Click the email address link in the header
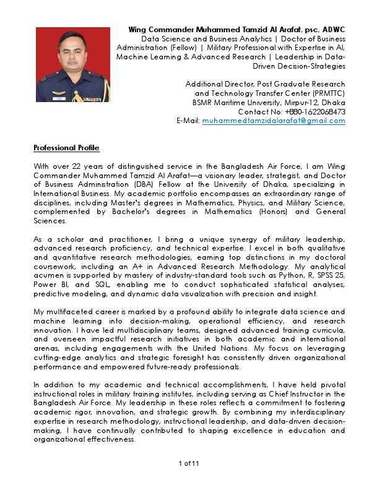(274, 121)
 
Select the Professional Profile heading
(66, 148)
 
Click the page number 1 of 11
(189, 463)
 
